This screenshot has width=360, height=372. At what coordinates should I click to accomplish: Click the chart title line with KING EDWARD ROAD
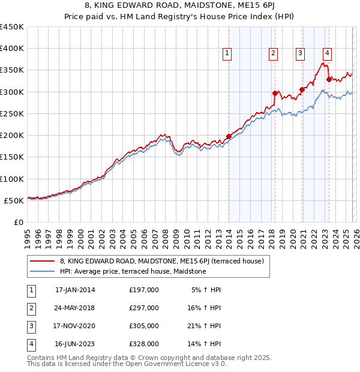[x=179, y=6]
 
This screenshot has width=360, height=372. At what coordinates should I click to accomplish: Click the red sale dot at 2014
[x=229, y=136]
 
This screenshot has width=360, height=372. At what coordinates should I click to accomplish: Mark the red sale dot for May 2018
[x=275, y=93]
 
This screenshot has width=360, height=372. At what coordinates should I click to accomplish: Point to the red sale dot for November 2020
[x=302, y=89]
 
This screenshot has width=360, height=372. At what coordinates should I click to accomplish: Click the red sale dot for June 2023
[x=329, y=79]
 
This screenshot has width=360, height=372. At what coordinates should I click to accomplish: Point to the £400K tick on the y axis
[x=12, y=49]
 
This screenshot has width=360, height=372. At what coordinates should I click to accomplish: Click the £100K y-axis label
[x=12, y=179]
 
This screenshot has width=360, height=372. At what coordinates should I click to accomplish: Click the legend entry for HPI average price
[x=133, y=271]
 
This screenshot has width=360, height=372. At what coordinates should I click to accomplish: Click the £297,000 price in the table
[x=144, y=308]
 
